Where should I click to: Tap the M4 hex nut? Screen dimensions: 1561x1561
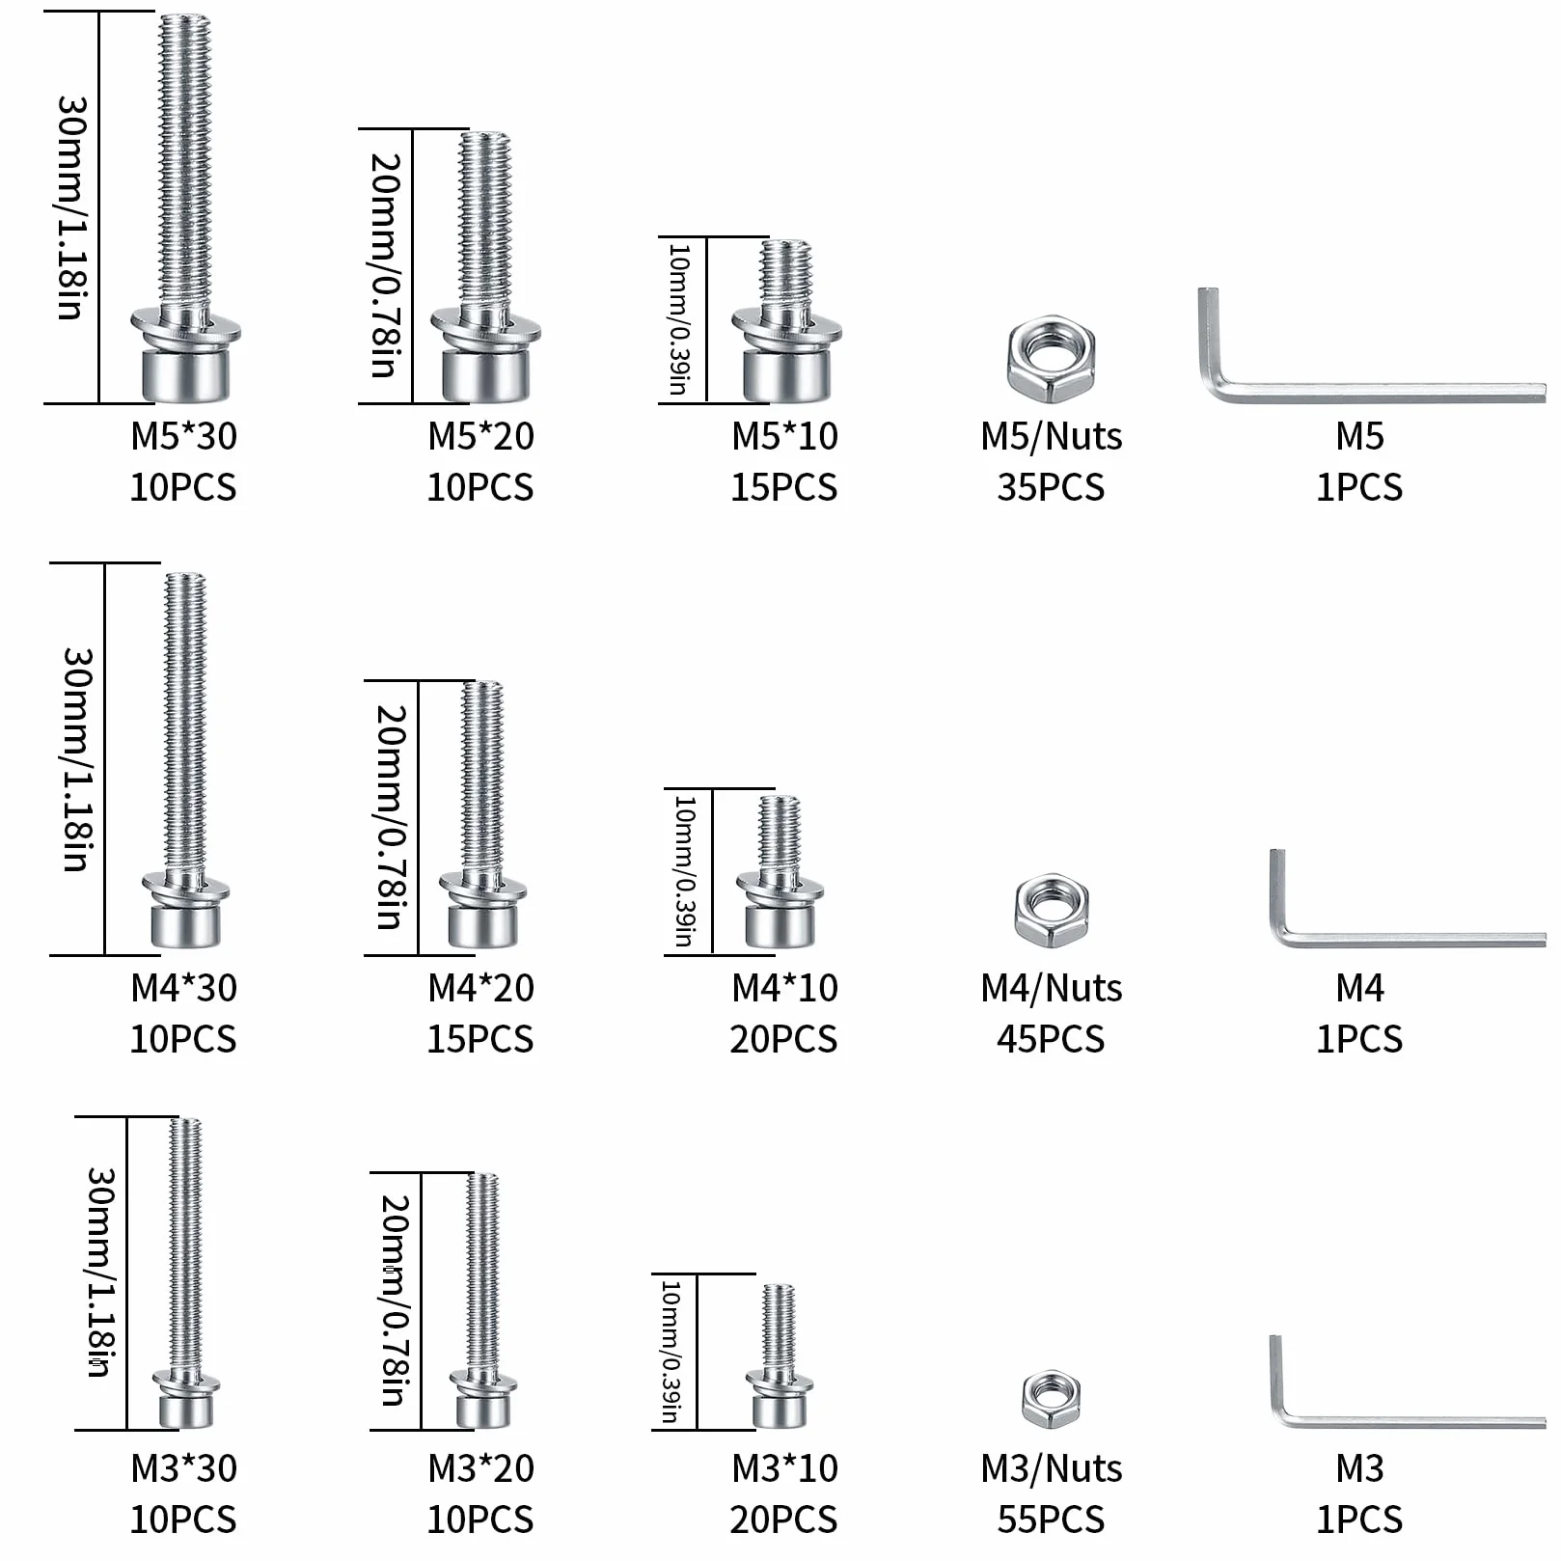(x=1051, y=910)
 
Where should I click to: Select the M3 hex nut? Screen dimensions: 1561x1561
(x=1051, y=1399)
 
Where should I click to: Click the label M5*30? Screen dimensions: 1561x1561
(x=183, y=436)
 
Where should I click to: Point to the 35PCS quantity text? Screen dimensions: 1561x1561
(x=1051, y=487)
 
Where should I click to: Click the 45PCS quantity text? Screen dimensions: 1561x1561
(x=1051, y=1039)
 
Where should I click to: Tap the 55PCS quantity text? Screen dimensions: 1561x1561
(x=1051, y=1520)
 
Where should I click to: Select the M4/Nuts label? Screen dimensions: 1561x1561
(x=1052, y=988)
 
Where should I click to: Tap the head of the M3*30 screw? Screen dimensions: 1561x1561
(x=186, y=1410)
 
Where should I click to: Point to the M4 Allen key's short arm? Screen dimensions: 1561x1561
(x=1279, y=892)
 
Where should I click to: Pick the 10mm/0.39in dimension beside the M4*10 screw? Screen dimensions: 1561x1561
(x=684, y=871)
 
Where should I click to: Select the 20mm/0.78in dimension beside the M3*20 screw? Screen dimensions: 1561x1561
(x=396, y=1301)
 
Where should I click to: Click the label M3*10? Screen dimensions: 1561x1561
(x=785, y=1468)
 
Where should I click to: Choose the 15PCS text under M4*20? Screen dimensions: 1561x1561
(x=480, y=1039)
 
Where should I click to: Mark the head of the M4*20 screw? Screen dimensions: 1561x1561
(x=482, y=924)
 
